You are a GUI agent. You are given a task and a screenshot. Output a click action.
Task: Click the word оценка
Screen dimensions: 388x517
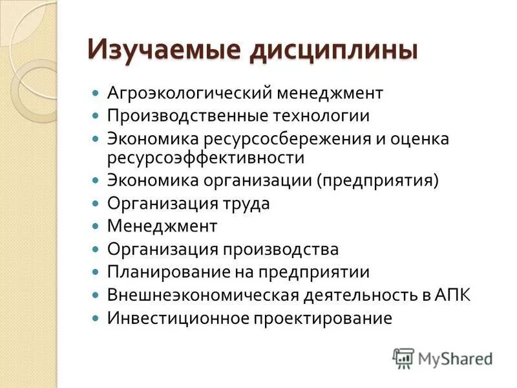click(x=416, y=139)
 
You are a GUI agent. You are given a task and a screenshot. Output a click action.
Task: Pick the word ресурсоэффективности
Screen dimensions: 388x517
click(x=206, y=157)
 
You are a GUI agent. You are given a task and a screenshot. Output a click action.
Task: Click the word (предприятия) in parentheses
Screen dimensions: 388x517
click(x=377, y=180)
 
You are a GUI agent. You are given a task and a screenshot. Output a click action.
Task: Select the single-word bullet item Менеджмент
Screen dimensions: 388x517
click(x=162, y=226)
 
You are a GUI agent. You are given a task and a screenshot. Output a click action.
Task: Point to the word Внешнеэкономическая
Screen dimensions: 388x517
click(x=202, y=296)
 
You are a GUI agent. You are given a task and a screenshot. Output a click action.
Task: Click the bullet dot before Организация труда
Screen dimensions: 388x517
click(x=95, y=203)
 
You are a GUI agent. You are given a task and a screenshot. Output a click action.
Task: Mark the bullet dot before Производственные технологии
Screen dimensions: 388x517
click(x=95, y=116)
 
